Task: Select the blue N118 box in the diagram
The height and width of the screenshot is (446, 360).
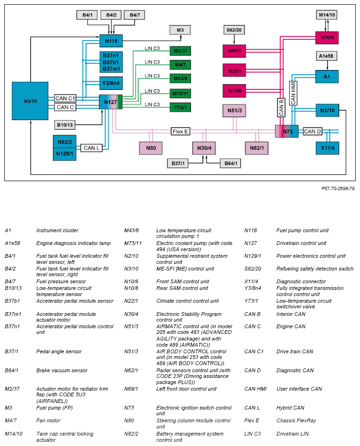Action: tap(111, 41)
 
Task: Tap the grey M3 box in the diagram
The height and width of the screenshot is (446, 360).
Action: tap(180, 30)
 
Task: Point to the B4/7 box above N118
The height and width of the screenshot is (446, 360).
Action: tap(135, 15)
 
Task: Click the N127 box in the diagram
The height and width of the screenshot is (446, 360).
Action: tap(111, 102)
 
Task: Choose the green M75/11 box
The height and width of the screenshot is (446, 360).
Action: tap(180, 94)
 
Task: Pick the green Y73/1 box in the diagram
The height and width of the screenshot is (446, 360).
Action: tap(180, 107)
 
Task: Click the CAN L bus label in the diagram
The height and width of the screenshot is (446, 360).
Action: tap(92, 148)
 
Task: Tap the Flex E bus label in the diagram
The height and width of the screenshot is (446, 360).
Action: tap(181, 131)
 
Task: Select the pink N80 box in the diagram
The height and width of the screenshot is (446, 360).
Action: tap(151, 148)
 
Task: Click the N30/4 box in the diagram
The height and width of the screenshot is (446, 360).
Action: tap(204, 148)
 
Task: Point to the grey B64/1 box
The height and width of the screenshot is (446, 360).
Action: tap(230, 164)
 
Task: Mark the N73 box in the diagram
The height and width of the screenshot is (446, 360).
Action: tap(287, 131)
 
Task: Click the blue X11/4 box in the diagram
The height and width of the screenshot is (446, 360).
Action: tap(327, 148)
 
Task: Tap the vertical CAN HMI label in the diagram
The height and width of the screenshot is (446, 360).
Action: tap(293, 93)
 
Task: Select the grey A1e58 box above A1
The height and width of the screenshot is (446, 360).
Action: tap(327, 56)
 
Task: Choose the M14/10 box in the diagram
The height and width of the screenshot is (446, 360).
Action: tap(327, 15)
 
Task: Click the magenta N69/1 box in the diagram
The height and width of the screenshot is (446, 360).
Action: tap(234, 50)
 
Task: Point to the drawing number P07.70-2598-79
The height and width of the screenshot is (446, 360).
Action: tap(338, 188)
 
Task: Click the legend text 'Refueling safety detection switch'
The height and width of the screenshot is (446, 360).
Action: tap(315, 269)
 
